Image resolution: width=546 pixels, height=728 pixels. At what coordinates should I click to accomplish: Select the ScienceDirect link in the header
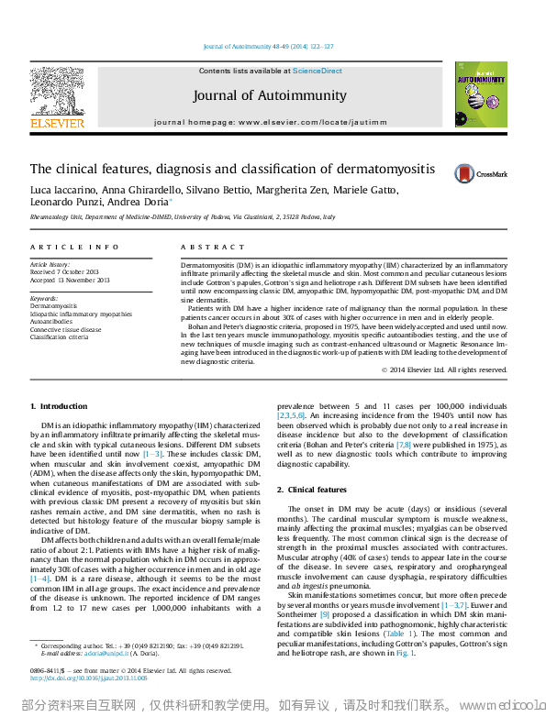318,71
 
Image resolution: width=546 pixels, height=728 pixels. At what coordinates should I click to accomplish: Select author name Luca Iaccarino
61,190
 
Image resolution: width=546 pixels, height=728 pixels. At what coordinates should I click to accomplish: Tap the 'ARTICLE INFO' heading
61,248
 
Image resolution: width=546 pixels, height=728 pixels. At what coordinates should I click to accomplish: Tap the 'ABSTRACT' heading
206,248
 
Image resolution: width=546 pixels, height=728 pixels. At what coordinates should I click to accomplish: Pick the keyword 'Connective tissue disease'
66,328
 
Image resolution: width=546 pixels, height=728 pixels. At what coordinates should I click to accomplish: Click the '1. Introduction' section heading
59,406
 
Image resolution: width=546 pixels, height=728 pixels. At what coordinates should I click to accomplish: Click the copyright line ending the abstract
444,370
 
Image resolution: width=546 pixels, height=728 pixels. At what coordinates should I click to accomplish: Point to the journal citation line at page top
269,46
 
